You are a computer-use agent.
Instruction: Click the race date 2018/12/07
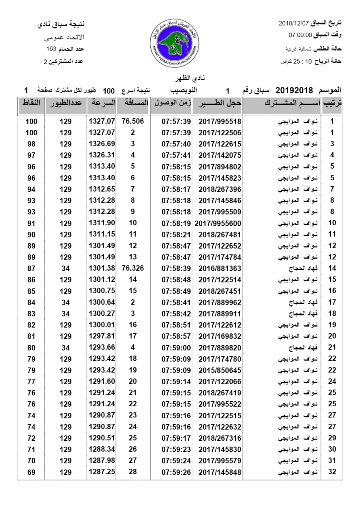[x=293, y=22]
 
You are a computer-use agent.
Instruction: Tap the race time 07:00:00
[x=301, y=35]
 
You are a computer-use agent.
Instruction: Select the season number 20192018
[x=294, y=90]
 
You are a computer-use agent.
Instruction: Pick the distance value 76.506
[x=132, y=121]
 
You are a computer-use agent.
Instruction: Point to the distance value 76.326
[x=132, y=268]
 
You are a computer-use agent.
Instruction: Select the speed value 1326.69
[x=102, y=144]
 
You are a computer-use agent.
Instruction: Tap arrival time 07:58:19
[x=175, y=223]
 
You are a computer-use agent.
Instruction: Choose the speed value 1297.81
[x=102, y=336]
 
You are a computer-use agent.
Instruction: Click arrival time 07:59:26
[x=175, y=472]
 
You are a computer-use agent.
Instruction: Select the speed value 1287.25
[x=102, y=472]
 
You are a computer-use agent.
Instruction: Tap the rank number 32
[x=332, y=472]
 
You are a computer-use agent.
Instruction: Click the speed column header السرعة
[x=102, y=103]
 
